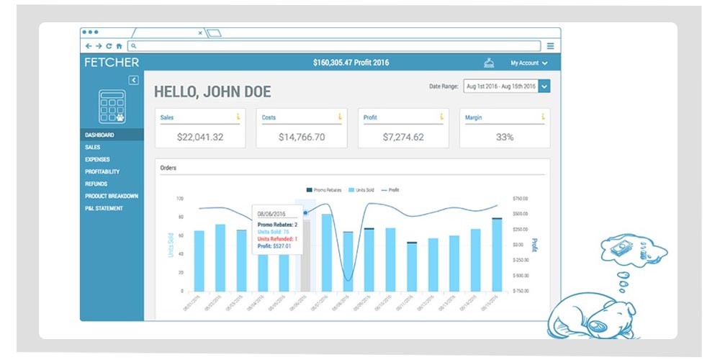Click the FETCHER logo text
[112, 63]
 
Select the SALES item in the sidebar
[92, 147]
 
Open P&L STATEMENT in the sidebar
[104, 208]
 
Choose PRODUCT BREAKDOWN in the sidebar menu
[112, 196]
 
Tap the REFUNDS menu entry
[96, 184]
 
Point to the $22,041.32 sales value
[200, 137]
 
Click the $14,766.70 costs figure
[301, 137]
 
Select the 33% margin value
[504, 137]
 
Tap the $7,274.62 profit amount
[402, 137]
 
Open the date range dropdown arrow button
[544, 86]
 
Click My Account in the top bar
[529, 63]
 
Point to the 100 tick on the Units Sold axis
[179, 198]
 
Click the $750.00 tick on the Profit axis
[521, 198]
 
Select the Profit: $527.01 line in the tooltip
[274, 246]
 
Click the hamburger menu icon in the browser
[550, 45]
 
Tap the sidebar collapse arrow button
[133, 80]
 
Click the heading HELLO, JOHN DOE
[212, 92]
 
